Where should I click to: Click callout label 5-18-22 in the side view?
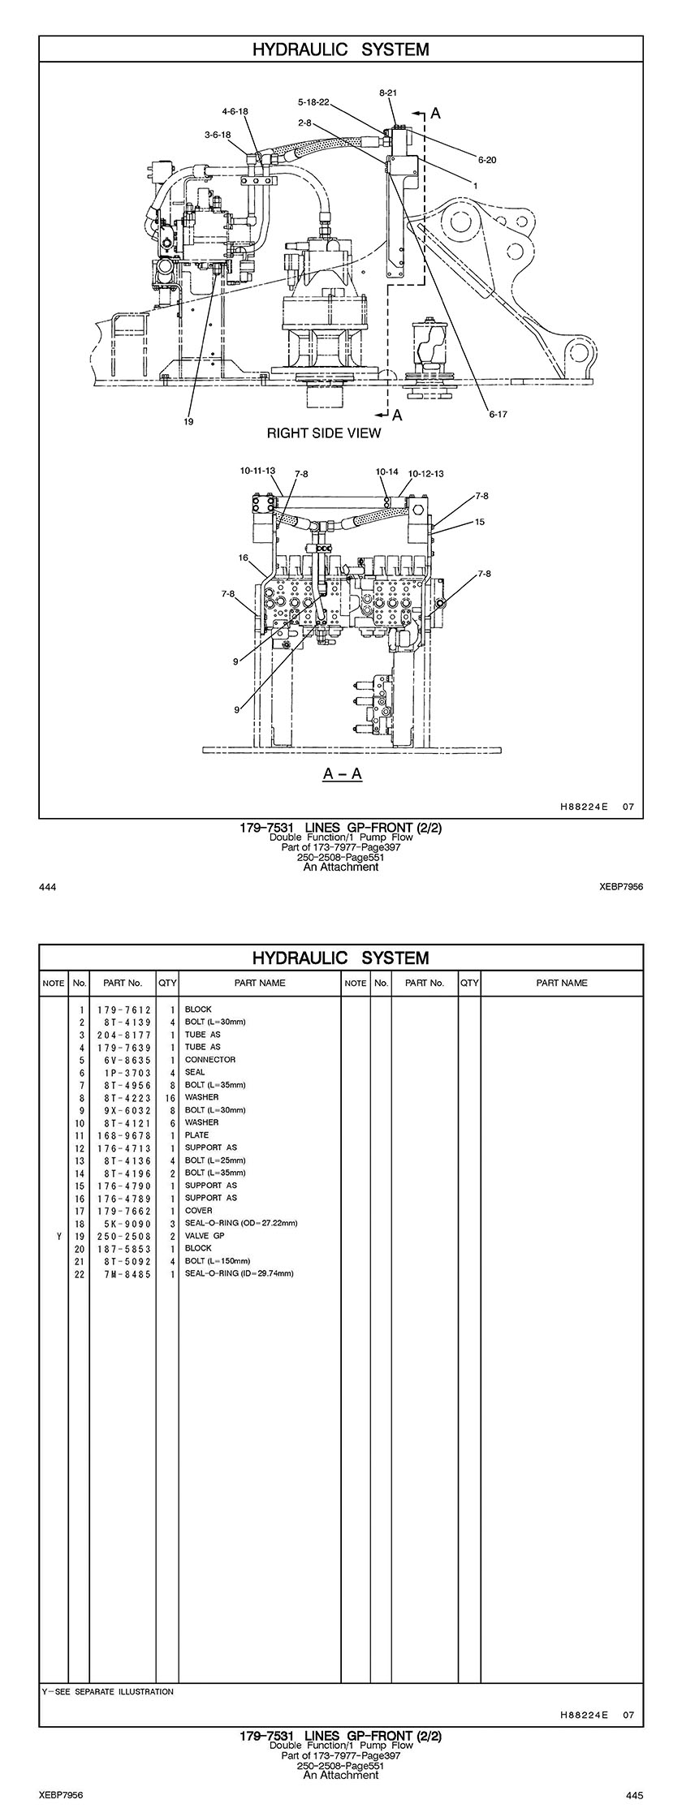pyautogui.click(x=313, y=102)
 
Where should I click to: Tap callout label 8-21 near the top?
pyautogui.click(x=388, y=93)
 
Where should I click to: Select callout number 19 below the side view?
pyautogui.click(x=188, y=421)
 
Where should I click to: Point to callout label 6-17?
pyautogui.click(x=498, y=414)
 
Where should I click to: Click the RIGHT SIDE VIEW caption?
pyautogui.click(x=323, y=433)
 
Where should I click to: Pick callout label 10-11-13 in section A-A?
pyautogui.click(x=257, y=471)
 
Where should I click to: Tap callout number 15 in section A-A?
pyautogui.click(x=480, y=522)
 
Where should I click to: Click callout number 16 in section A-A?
pyautogui.click(x=243, y=558)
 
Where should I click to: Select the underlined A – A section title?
pyautogui.click(x=343, y=773)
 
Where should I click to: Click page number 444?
pyautogui.click(x=47, y=887)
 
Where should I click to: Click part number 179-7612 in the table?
pyautogui.click(x=123, y=1010)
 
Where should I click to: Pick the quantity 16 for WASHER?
pyautogui.click(x=170, y=1097)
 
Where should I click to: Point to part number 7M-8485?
pyautogui.click(x=123, y=1273)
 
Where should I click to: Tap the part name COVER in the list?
pyautogui.click(x=198, y=1211)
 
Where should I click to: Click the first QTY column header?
pyautogui.click(x=167, y=983)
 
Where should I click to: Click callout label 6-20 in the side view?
pyautogui.click(x=487, y=160)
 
